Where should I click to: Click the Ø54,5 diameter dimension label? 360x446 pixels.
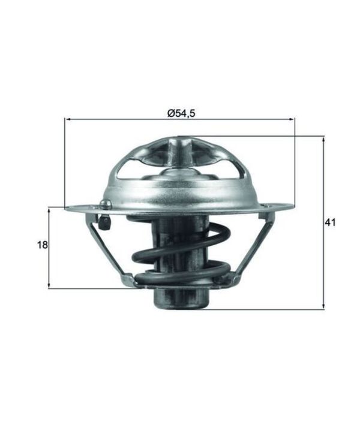(181, 113)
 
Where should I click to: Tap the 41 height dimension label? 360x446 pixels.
(330, 222)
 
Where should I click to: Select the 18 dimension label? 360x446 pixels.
(43, 245)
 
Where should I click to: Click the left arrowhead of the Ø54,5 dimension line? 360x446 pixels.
(68, 120)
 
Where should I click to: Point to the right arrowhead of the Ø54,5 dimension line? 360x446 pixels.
(292, 120)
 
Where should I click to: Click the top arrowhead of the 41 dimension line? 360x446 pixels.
(323, 139)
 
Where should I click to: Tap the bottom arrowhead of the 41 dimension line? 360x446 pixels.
(323, 306)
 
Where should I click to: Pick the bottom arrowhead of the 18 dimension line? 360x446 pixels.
(49, 285)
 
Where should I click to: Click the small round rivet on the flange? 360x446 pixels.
(105, 204)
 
